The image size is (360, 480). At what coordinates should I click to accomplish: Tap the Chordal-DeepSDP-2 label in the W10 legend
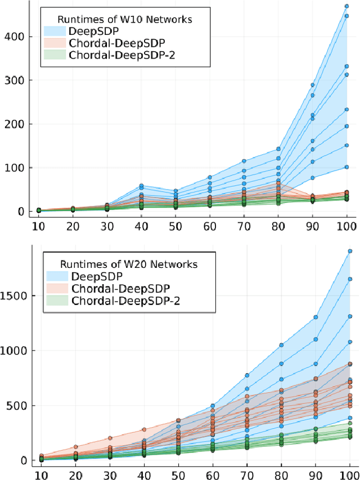pyautogui.click(x=115, y=55)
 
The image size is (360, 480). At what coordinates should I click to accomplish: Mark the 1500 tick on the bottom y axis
pyautogui.click(x=15, y=295)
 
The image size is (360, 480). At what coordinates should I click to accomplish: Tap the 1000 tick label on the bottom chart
pyautogui.click(x=15, y=351)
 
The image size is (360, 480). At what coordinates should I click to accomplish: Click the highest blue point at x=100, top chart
pyautogui.click(x=347, y=7)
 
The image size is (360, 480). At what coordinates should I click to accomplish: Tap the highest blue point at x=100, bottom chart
pyautogui.click(x=349, y=251)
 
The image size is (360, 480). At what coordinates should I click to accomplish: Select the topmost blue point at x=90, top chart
pyautogui.click(x=313, y=86)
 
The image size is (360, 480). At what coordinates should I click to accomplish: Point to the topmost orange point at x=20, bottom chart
pyautogui.click(x=75, y=447)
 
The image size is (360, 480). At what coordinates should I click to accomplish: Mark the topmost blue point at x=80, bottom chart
pyautogui.click(x=281, y=345)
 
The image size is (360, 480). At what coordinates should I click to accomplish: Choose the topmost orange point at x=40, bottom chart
pyautogui.click(x=144, y=429)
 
